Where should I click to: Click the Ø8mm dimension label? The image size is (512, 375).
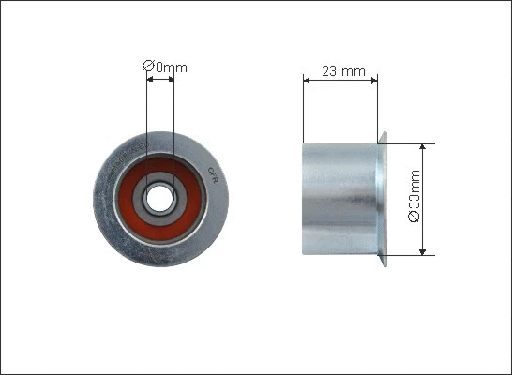point(165,67)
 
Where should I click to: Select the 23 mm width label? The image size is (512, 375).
point(343,71)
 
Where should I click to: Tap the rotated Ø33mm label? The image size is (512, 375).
point(414,196)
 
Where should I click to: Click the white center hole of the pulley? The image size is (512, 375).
point(159,199)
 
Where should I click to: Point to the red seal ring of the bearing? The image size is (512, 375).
point(127,199)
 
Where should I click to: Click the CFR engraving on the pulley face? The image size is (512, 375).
point(213,175)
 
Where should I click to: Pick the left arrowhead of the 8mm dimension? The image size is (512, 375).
point(150,79)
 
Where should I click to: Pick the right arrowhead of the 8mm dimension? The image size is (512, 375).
point(171,79)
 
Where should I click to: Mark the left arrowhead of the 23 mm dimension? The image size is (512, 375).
point(307,81)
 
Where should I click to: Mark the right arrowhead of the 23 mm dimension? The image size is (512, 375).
point(374,81)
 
